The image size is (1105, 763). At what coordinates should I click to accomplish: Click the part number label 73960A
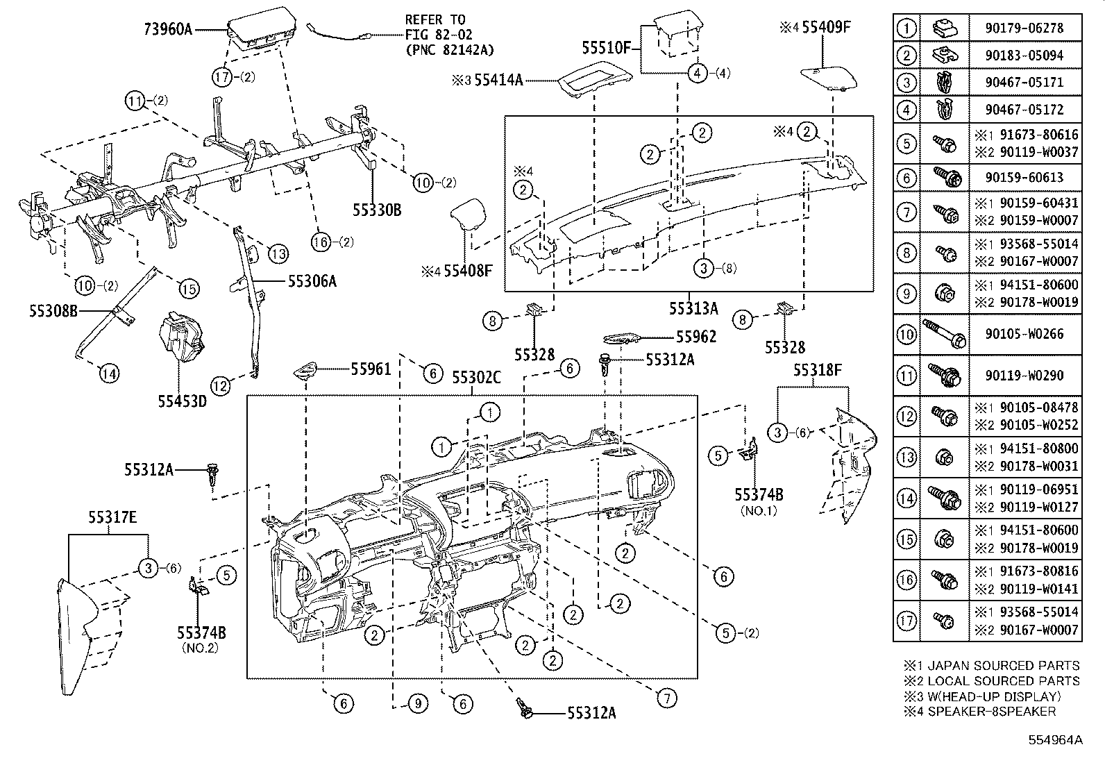[x=167, y=29]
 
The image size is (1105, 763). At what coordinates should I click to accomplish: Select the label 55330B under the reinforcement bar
[x=377, y=210]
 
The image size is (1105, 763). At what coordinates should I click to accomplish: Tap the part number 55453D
[x=181, y=401]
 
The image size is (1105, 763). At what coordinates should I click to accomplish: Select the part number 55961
[x=371, y=369]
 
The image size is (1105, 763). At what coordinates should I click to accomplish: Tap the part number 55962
[x=696, y=337]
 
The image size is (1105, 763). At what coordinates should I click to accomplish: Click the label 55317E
[x=112, y=517]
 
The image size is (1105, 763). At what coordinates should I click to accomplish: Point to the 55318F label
[x=818, y=371]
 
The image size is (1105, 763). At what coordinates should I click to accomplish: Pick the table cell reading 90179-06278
[x=1023, y=28]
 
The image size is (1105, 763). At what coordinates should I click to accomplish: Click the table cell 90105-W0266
[x=1023, y=334]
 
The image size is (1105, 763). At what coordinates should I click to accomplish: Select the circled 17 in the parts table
[x=906, y=620]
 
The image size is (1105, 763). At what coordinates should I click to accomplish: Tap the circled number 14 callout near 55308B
[x=108, y=374]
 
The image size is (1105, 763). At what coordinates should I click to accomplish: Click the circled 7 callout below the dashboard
[x=666, y=698]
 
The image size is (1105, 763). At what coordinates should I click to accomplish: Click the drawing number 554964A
[x=1056, y=740]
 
